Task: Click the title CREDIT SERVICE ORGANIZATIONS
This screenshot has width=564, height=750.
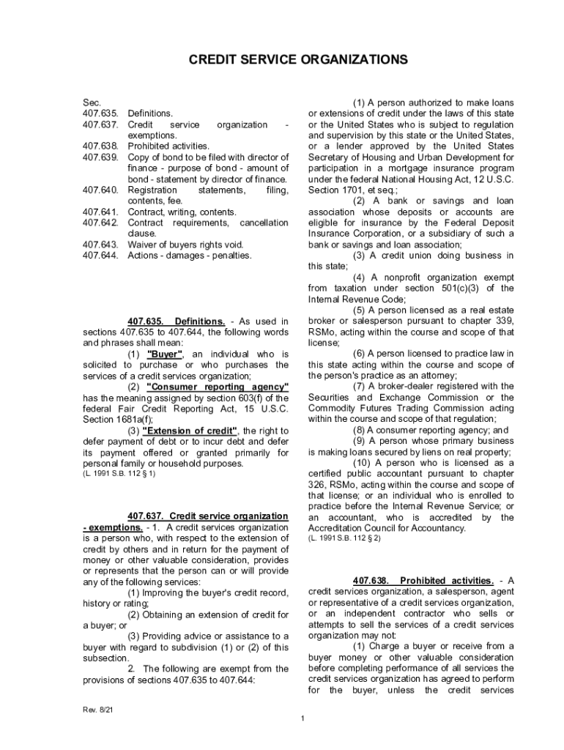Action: click(x=282, y=59)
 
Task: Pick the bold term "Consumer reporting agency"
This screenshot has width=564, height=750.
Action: click(x=218, y=387)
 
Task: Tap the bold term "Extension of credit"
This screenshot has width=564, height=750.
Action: click(x=192, y=431)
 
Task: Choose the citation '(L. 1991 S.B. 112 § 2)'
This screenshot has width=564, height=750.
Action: click(x=344, y=539)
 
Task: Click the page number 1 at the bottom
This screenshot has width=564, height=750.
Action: click(x=302, y=719)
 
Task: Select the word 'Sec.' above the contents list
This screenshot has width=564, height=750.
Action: click(x=91, y=103)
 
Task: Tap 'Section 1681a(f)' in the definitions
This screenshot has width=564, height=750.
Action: click(x=114, y=420)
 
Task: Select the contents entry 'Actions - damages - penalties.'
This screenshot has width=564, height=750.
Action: click(x=189, y=256)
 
